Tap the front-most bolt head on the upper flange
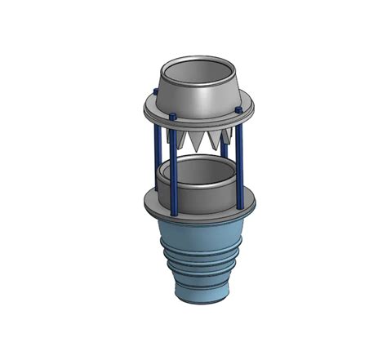click(x=173, y=119)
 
